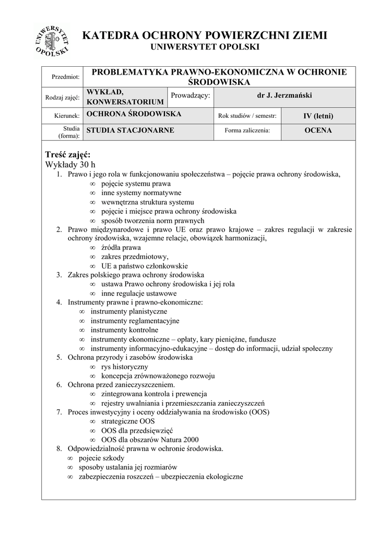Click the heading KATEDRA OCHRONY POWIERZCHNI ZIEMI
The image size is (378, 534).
205,35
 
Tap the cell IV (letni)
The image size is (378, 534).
318,116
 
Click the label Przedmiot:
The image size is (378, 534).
66,77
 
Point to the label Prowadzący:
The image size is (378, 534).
191,95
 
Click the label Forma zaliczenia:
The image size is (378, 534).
247,131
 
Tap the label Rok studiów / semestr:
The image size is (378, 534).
247,116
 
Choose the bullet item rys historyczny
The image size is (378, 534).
125,367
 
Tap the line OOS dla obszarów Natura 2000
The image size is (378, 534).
150,440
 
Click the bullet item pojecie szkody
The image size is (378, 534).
101,458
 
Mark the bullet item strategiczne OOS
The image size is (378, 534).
128,421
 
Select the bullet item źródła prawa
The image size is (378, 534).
121,247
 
